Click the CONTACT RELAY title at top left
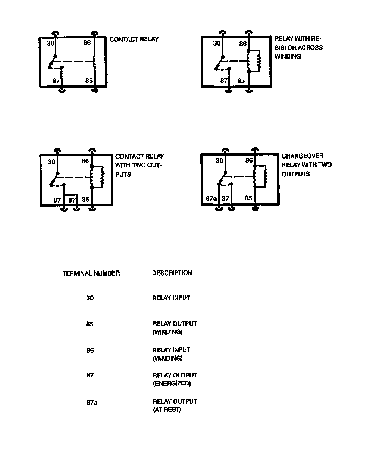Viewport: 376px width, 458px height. click(134, 40)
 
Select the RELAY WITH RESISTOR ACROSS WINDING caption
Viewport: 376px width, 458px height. click(298, 48)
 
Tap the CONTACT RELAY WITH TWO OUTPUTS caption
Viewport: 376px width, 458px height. click(139, 165)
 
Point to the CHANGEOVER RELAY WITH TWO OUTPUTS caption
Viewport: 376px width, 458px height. click(306, 165)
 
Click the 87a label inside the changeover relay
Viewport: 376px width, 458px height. click(211, 199)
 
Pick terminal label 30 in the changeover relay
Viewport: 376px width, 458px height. click(219, 161)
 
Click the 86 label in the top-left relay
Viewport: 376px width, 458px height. click(87, 43)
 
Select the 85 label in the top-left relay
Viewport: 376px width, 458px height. click(89, 80)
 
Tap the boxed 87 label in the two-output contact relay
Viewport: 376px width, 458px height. click(72, 200)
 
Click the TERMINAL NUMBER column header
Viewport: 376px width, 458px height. click(91, 273)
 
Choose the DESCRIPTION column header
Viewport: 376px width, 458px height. click(172, 273)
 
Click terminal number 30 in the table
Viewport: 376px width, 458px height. click(90, 298)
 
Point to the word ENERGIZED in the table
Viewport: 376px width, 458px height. click(172, 383)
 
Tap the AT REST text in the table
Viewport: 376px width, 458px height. click(167, 410)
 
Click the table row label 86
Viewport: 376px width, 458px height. click(90, 351)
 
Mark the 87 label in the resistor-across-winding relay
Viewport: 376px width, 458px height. click(224, 81)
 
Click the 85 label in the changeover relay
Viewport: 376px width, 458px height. click(248, 198)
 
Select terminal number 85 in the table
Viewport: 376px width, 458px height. click(90, 324)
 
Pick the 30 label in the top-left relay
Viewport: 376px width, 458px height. click(51, 43)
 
